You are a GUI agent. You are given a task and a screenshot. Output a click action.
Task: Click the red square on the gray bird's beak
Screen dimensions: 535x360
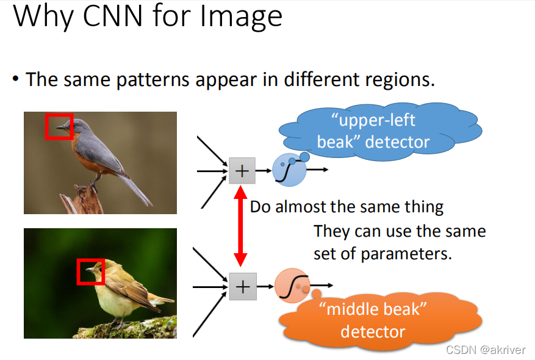pos(59,126)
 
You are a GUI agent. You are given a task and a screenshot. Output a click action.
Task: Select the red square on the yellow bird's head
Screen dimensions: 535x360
pos(91,271)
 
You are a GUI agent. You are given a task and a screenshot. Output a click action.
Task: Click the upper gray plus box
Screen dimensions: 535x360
pos(242,170)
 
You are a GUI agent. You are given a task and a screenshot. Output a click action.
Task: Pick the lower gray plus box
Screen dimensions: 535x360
pos(243,286)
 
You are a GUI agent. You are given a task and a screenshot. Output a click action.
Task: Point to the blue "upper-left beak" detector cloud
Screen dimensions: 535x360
pos(378,132)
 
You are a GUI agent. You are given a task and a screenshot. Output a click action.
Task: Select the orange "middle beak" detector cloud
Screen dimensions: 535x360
pos(378,320)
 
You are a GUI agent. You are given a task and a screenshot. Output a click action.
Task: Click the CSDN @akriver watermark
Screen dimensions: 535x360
pos(485,350)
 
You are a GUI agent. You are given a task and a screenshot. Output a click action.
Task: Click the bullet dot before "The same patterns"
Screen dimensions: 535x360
pos(15,80)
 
